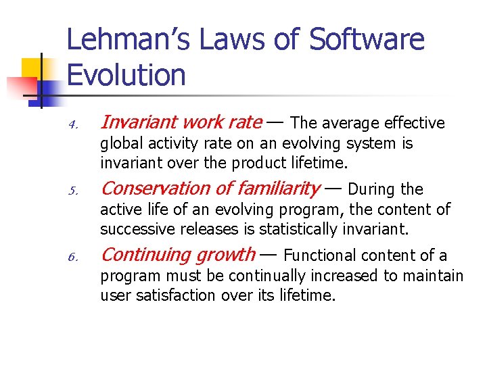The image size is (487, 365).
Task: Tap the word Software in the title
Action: (367, 41)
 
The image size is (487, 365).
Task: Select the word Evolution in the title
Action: (126, 75)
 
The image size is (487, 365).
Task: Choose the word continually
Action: (271, 276)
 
